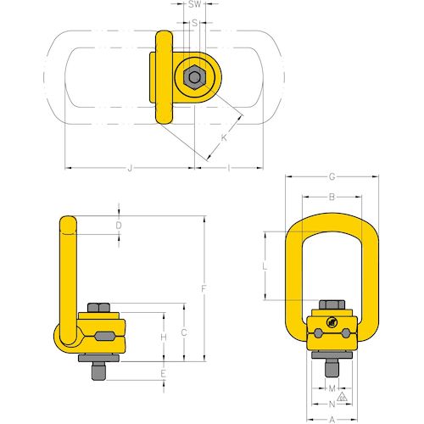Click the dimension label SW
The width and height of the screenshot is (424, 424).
click(195, 6)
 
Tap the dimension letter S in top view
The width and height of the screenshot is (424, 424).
click(195, 23)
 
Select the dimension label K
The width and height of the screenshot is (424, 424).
click(224, 137)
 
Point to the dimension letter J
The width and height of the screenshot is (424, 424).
click(130, 170)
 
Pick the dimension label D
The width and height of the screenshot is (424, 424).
click(119, 226)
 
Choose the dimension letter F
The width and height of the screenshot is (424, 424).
click(204, 289)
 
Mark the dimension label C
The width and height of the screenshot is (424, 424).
click(184, 332)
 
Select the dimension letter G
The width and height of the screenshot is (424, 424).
click(332, 177)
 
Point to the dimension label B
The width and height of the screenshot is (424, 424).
click(332, 197)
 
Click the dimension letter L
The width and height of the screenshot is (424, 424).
click(265, 266)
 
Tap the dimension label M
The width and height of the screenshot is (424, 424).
click(332, 387)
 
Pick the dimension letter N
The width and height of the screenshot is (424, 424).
click(332, 403)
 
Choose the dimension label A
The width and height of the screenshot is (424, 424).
click(332, 418)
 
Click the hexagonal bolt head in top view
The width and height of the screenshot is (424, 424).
click(195, 79)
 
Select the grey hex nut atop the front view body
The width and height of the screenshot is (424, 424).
click(332, 307)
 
